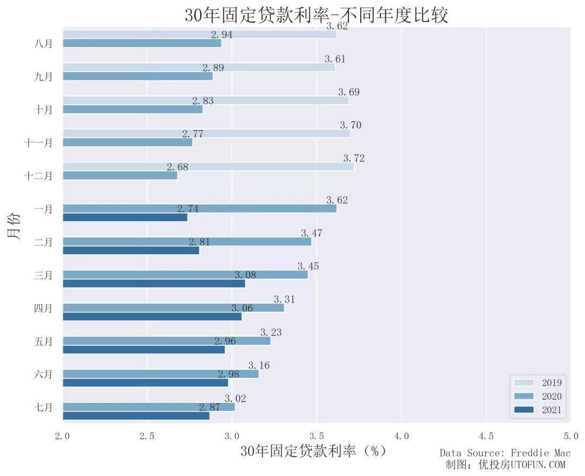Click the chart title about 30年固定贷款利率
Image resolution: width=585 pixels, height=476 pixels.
click(316, 15)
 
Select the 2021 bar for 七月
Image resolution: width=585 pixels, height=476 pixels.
click(136, 416)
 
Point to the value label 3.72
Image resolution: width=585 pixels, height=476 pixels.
click(354, 158)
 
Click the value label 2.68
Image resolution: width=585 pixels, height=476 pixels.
click(177, 167)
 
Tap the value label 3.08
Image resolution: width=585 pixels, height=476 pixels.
click(245, 275)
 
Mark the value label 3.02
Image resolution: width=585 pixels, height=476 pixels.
click(235, 398)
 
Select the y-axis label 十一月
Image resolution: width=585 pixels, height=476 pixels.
click(38, 143)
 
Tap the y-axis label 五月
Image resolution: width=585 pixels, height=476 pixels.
click(43, 342)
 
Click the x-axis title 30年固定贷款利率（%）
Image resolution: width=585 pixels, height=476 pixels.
click(314, 451)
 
